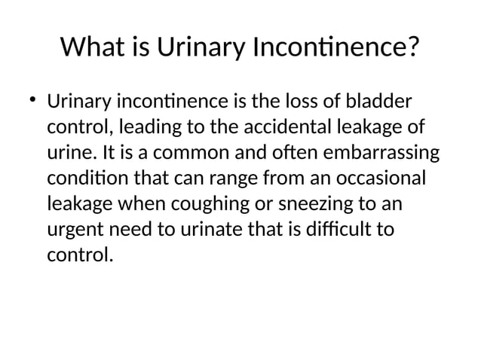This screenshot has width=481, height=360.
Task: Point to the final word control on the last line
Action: click(x=80, y=255)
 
